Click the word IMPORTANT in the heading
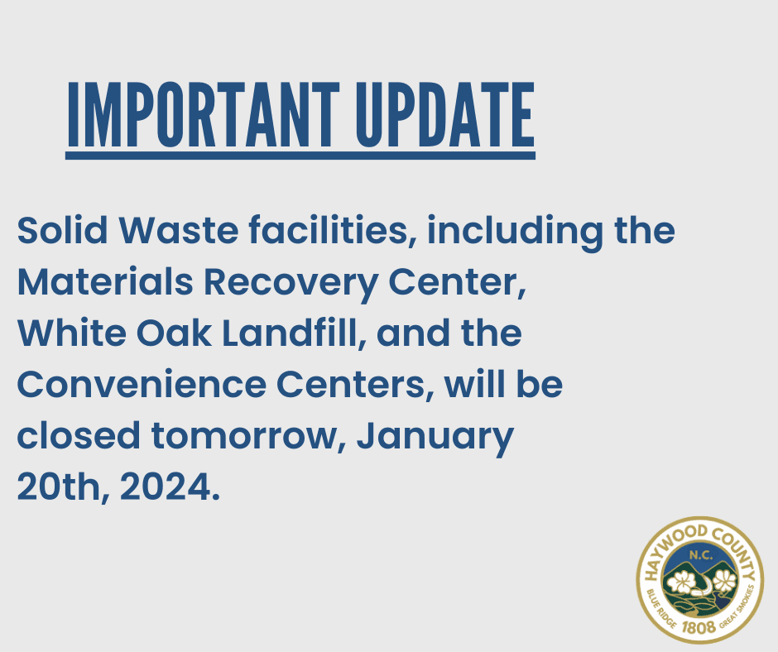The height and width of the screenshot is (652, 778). tap(204, 115)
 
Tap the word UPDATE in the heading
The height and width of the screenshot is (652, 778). tap(445, 115)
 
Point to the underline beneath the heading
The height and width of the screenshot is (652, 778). tap(300, 156)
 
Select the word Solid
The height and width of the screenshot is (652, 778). tap(62, 230)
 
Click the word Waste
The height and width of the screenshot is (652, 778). tap(179, 230)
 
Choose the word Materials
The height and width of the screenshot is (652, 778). tap(105, 282)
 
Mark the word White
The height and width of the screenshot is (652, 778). tap(71, 333)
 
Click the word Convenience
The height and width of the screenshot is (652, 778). tap(142, 385)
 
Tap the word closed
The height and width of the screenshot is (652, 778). tap(79, 436)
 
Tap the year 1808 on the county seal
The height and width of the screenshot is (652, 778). tap(699, 627)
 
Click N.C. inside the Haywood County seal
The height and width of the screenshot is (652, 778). tap(700, 555)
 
